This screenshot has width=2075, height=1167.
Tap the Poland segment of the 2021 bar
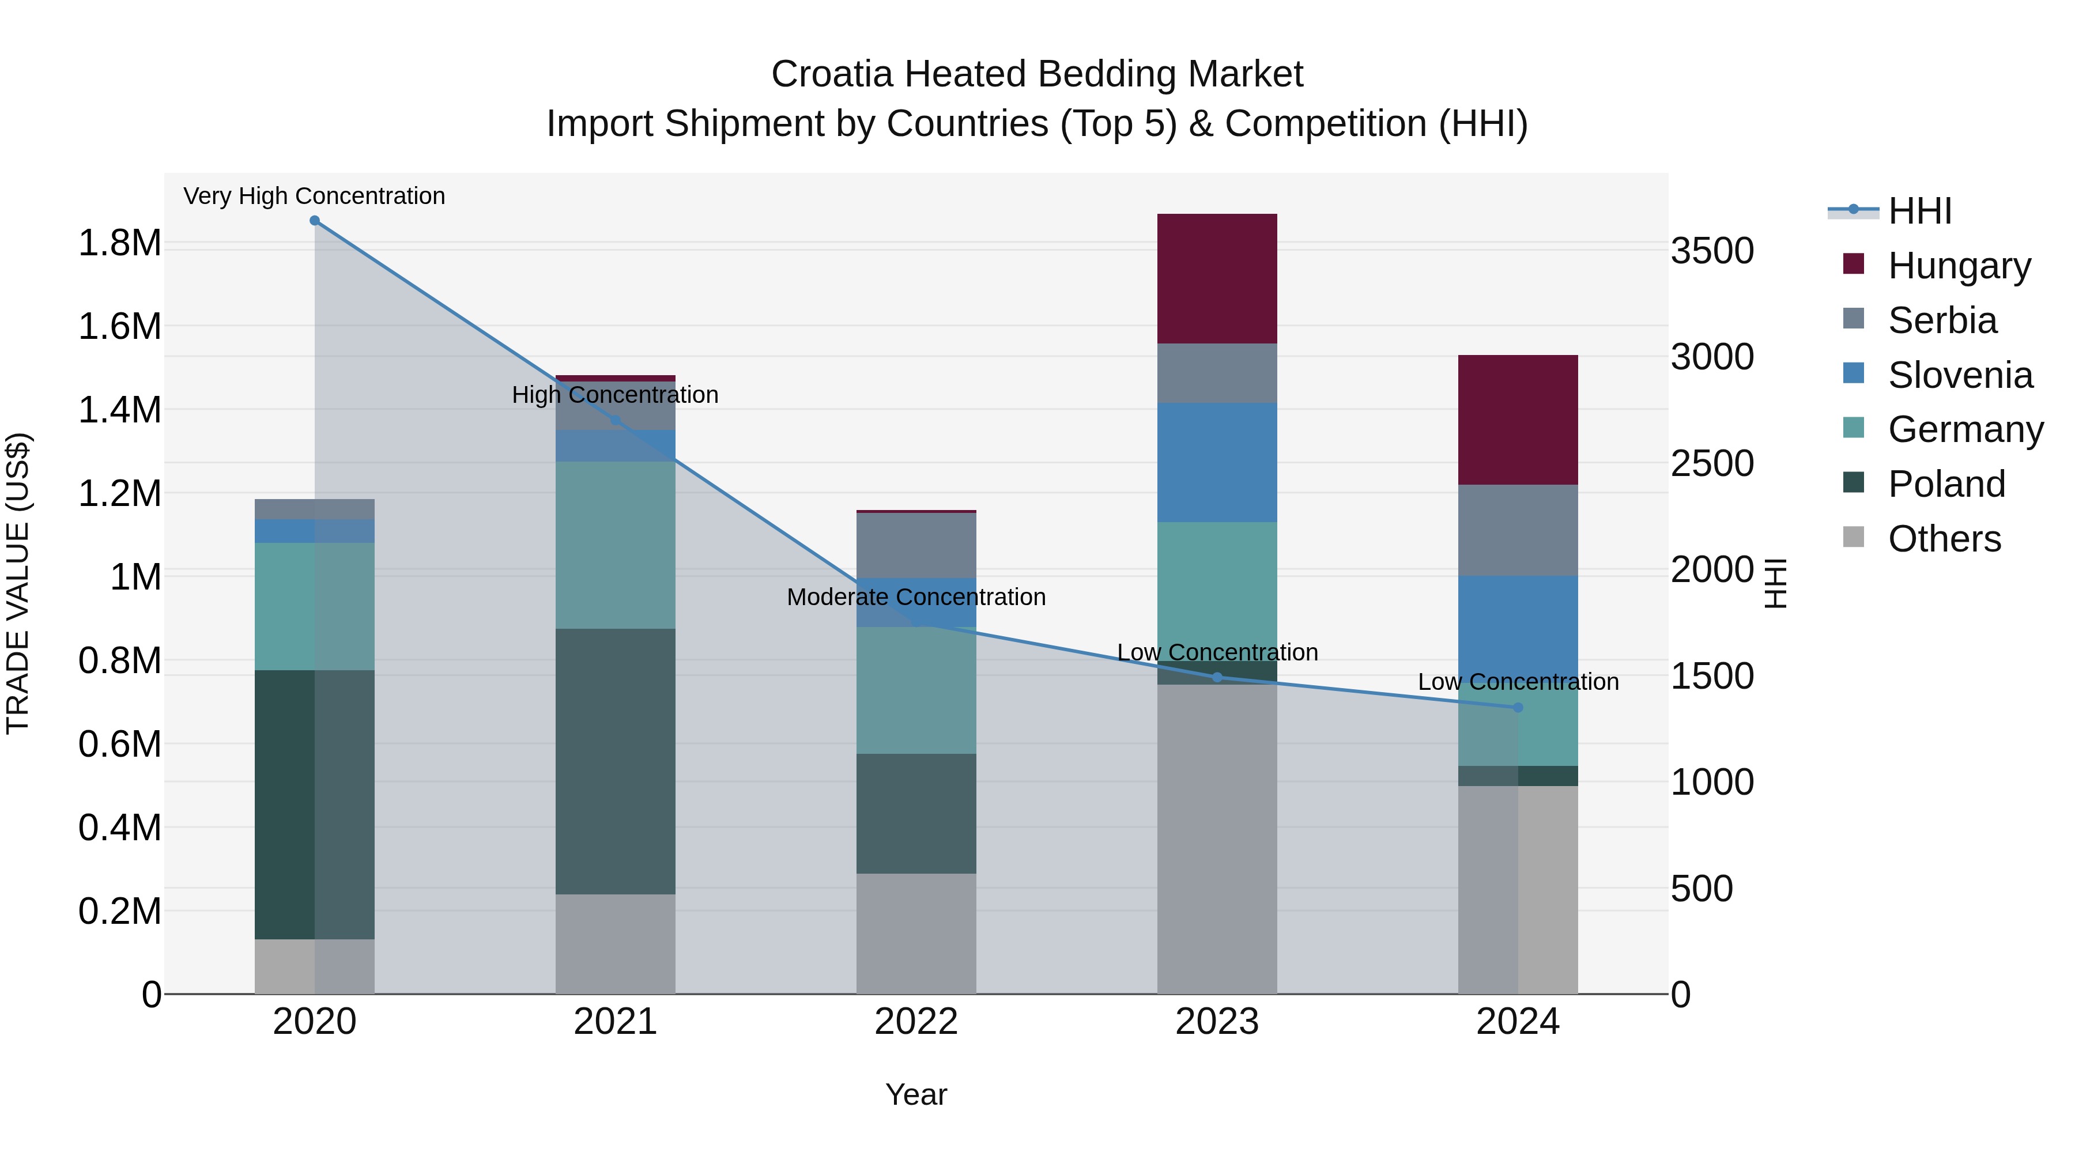pos(616,761)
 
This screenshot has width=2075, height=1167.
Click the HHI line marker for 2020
pos(315,221)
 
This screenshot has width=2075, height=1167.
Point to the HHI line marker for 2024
pos(1518,707)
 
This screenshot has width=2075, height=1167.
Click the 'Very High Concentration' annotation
pos(314,196)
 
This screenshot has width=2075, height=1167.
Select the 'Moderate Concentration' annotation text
pos(916,597)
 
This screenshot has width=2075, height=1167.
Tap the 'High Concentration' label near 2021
pos(616,395)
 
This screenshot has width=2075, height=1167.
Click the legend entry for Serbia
pos(1942,320)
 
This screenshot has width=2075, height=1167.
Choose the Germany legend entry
pos(1965,429)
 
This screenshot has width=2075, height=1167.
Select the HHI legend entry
pos(1919,211)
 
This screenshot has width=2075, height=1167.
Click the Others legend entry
pos(1944,539)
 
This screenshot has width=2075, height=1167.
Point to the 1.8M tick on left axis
pos(119,243)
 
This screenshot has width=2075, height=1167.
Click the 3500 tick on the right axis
pos(1712,251)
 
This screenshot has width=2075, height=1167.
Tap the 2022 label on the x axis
pos(916,1021)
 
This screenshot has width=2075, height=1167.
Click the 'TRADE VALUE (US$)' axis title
pos(18,583)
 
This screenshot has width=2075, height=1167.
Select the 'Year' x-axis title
pos(916,1094)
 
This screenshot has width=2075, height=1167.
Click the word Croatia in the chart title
pos(832,74)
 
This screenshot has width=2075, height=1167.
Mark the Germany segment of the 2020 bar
pos(314,606)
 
